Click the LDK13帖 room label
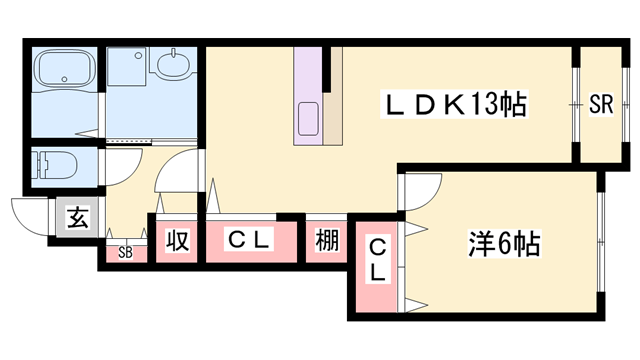pyautogui.click(x=454, y=103)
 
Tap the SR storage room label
pyautogui.click(x=601, y=103)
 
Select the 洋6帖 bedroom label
pyautogui.click(x=504, y=243)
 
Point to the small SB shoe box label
pyautogui.click(x=125, y=252)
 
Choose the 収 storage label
pyautogui.click(x=177, y=241)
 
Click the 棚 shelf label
pyautogui.click(x=327, y=241)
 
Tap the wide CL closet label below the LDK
pyautogui.click(x=251, y=241)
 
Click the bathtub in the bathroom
pyautogui.click(x=64, y=72)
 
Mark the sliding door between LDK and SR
pyautogui.click(x=577, y=103)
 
